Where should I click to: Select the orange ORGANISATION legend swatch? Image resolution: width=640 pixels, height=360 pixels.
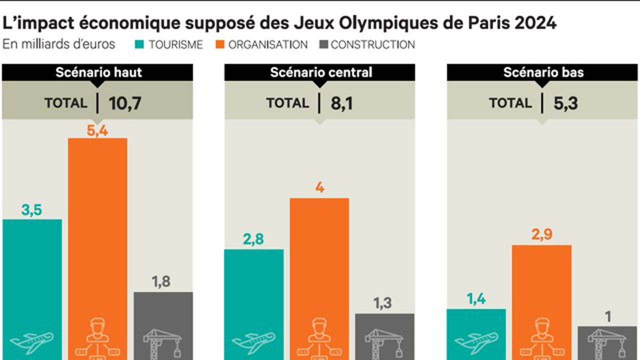tap(218, 44)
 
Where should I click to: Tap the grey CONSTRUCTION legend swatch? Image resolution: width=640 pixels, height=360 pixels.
tap(322, 44)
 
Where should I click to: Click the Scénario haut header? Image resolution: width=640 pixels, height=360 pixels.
tap(98, 72)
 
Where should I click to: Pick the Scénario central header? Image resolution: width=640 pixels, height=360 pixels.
tap(320, 72)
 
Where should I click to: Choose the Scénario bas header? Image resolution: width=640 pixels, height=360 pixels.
tap(543, 72)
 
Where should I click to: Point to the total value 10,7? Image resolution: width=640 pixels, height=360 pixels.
tap(125, 103)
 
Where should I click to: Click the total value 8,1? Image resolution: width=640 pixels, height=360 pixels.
tap(342, 103)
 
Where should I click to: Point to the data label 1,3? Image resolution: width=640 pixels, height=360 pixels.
tap(382, 303)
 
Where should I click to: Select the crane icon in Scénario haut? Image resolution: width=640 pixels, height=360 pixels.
tap(163, 342)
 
